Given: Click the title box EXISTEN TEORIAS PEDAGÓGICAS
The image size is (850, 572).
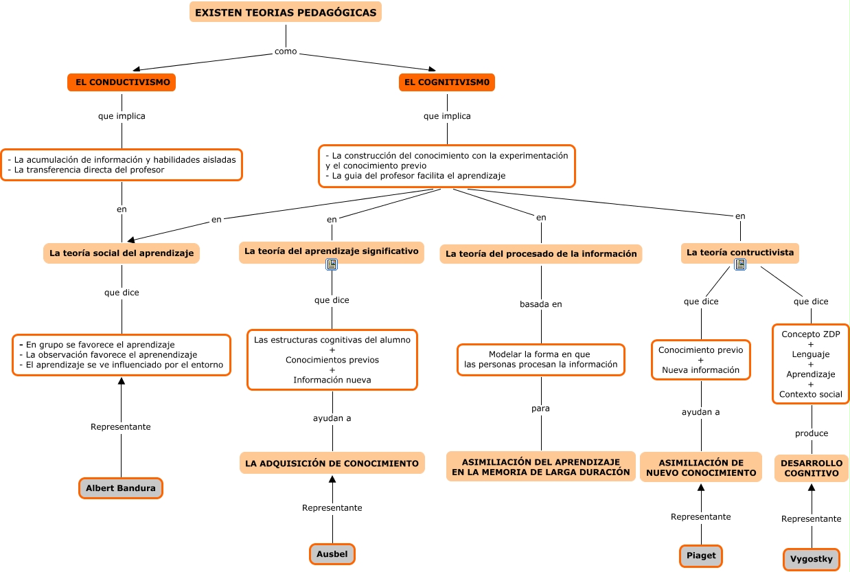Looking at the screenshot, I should coord(286,12).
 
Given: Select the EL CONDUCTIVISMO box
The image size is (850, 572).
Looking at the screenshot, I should coord(122,82).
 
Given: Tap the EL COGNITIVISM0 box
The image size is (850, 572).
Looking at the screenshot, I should coord(447,82).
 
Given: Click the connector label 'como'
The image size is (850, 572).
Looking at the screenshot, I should coord(286,52).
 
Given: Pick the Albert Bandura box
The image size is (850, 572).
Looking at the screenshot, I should coord(121,488).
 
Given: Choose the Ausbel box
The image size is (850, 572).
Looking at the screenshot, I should coord(332,554).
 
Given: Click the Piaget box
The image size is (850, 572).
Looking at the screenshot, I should coord(701,556).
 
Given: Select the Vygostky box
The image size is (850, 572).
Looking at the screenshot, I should coord(812,559).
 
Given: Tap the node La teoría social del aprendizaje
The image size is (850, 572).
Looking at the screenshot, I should coord(122,253).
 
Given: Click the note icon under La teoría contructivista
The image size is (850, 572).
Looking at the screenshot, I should coord(740,264).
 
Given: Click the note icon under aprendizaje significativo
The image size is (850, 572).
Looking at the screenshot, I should coord(332,264).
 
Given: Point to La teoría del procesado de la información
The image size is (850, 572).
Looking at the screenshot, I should coord(541,254).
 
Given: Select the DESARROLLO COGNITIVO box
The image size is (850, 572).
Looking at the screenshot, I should coord(812,468).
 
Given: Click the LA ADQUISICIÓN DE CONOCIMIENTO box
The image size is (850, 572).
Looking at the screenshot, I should coord(332,464).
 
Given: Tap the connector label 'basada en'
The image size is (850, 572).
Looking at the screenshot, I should coord(541,304).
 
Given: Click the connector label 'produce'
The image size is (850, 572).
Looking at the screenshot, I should coord(812,433).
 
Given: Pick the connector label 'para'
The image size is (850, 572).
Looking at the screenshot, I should coord(541,409).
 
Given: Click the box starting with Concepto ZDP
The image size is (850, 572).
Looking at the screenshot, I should coord(812,364).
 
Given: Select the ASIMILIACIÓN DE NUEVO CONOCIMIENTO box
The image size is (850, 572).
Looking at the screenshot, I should coord(701,468).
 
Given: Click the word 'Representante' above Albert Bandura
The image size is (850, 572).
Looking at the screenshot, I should coord(121,427).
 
